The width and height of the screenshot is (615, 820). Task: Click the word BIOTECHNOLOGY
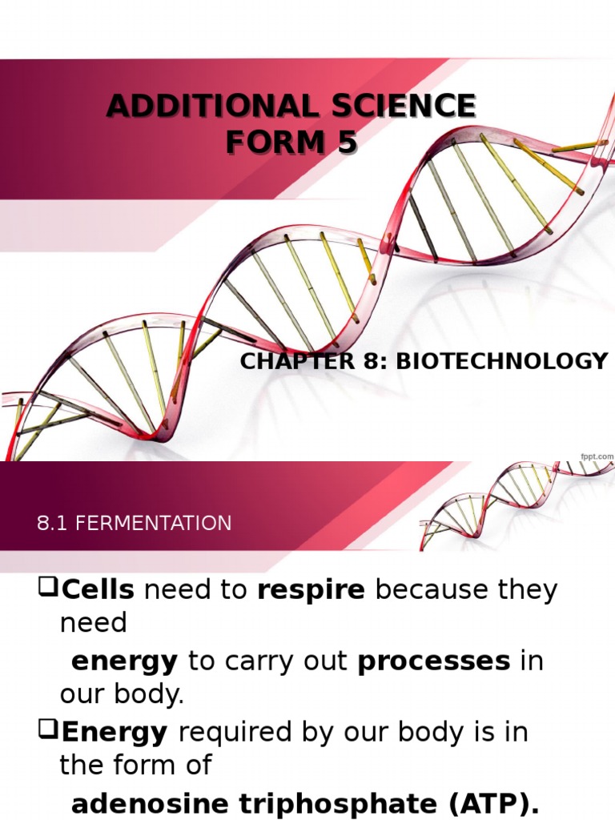coord(502,361)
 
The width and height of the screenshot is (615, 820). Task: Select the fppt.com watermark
coord(597,456)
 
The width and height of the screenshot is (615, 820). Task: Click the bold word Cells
coord(98,590)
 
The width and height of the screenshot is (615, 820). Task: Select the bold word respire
coord(311,590)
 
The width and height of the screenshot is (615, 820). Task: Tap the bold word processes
coord(433,661)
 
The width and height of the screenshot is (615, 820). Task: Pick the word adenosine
coord(144,802)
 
